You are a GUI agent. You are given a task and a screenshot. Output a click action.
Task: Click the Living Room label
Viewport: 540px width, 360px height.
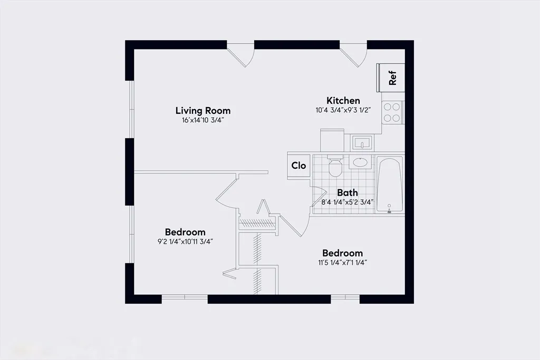click(203, 111)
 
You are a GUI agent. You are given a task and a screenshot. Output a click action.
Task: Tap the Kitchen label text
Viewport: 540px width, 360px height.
click(343, 101)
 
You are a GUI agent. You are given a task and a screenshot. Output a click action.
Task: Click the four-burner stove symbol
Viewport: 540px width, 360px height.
click(392, 112)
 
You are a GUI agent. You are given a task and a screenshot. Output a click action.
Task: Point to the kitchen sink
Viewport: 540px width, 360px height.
click(362, 142)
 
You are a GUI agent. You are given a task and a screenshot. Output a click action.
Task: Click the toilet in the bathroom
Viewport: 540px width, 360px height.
click(335, 167)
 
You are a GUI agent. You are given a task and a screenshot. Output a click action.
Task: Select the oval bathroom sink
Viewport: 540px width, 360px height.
click(361, 162)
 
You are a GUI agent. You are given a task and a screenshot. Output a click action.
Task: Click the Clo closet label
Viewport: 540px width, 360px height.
click(299, 166)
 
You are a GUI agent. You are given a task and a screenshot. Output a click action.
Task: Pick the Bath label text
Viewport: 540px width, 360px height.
click(348, 193)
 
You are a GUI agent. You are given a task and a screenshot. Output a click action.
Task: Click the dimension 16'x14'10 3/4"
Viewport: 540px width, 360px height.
click(203, 120)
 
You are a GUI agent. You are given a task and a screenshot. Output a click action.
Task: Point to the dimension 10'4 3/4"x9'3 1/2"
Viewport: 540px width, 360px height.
click(343, 111)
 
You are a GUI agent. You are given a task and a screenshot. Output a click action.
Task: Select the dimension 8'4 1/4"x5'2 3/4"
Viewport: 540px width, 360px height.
click(348, 202)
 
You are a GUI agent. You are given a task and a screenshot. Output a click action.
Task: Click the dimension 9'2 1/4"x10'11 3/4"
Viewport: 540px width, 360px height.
click(185, 241)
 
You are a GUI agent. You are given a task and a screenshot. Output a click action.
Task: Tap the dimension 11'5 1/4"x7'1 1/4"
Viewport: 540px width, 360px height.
click(343, 262)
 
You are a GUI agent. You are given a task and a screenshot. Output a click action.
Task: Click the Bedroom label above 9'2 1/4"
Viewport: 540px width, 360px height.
click(185, 232)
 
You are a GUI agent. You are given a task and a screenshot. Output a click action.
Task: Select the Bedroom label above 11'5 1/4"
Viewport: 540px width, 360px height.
click(343, 253)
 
